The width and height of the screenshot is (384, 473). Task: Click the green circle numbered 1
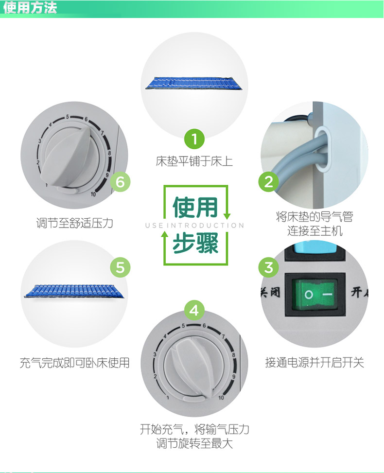coord(194,139)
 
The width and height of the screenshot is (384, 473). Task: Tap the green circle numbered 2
coord(268,182)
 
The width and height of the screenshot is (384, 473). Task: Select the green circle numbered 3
coord(268,267)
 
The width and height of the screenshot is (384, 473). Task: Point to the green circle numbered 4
coord(194,310)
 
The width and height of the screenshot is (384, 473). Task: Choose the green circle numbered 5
coord(120,267)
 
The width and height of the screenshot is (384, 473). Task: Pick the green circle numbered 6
coord(120,182)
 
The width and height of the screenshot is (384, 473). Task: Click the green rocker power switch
coord(314,295)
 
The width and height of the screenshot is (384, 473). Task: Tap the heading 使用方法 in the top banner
coord(30,8)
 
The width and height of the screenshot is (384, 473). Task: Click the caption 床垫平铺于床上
coord(194,161)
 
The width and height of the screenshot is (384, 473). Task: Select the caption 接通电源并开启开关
coord(314,362)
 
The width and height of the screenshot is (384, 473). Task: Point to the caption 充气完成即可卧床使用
coord(74,363)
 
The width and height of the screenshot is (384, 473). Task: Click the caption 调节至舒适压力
coord(74,223)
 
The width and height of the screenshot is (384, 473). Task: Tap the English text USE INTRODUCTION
coord(194,226)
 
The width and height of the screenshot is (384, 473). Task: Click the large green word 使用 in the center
coord(195,207)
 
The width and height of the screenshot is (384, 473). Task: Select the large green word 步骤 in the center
coord(195,243)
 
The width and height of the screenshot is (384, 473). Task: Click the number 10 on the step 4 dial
coord(221,398)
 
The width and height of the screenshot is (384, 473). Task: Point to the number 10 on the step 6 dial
coord(93,194)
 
